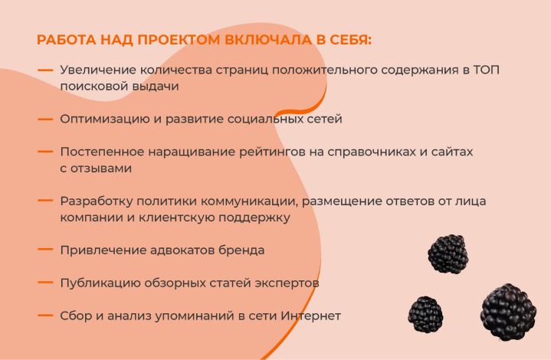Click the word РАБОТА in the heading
[67, 40]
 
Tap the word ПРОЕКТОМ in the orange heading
[179, 40]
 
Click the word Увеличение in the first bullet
[98, 70]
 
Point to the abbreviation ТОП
[487, 70]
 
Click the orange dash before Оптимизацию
[45, 119]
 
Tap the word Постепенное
[102, 152]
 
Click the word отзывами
[101, 169]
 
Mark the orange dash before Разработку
[45, 201]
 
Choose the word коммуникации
[249, 201]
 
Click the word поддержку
[254, 218]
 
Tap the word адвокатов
[182, 250]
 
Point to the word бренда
[241, 250]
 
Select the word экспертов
[287, 283]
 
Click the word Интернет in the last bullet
[310, 316]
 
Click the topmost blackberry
[448, 254]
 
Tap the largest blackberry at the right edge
[508, 313]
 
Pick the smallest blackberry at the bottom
[425, 314]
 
